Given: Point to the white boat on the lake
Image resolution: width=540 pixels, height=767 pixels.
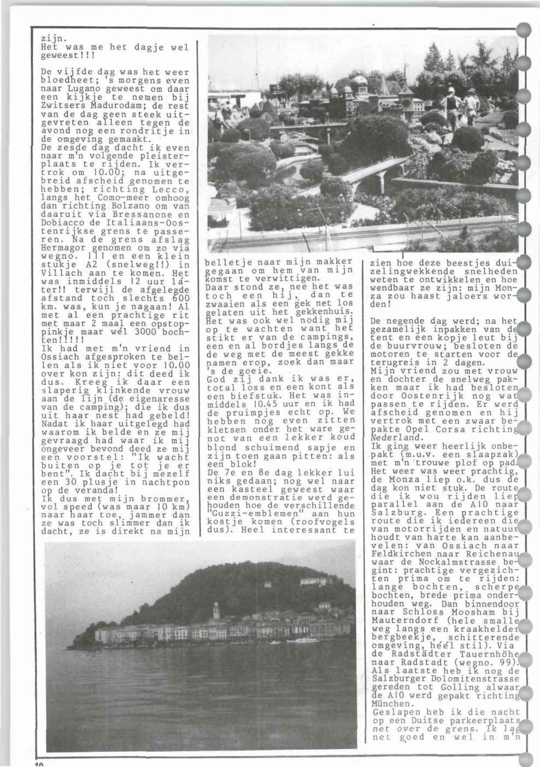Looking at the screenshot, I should tap(300, 640).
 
